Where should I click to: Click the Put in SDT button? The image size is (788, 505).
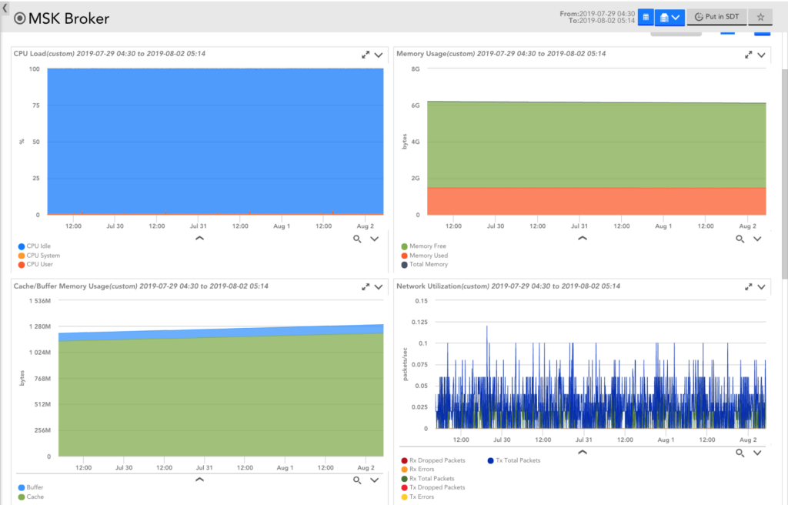[716, 17]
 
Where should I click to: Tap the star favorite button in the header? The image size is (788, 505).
[760, 17]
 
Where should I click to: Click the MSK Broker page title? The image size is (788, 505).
[68, 18]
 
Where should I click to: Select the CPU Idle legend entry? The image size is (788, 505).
[38, 246]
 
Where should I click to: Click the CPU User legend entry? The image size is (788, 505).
[39, 265]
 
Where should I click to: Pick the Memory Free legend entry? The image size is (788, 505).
[427, 246]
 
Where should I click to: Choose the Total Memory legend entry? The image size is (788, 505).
[428, 265]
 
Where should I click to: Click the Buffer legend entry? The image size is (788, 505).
[35, 488]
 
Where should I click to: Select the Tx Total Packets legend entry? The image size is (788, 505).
[516, 460]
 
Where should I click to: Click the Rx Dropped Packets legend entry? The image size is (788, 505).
[436, 460]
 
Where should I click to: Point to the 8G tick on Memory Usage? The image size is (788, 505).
[415, 69]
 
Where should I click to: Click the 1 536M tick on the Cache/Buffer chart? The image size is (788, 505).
[39, 301]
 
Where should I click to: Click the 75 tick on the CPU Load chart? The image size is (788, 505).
[35, 105]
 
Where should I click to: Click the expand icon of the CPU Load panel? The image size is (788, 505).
[366, 55]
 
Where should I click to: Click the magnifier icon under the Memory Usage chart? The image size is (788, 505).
[740, 239]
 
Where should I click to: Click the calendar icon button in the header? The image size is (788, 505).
[646, 17]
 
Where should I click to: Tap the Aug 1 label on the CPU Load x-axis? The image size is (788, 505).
[282, 226]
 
